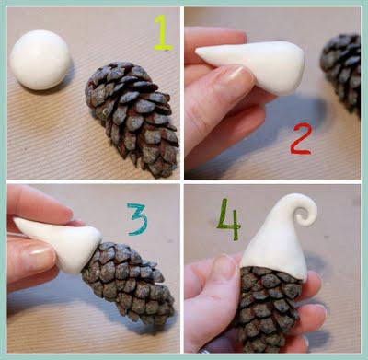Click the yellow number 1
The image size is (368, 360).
tap(163, 33)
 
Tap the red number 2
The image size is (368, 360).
tap(301, 138)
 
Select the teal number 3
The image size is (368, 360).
tap(138, 219)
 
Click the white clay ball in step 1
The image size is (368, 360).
tap(40, 60)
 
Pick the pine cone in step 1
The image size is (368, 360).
tap(133, 118)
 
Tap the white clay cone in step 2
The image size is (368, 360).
tap(255, 64)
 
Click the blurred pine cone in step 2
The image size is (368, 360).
tap(341, 72)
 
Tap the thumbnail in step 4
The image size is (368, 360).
tap(224, 266)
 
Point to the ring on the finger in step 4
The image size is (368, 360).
tap(205, 350)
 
